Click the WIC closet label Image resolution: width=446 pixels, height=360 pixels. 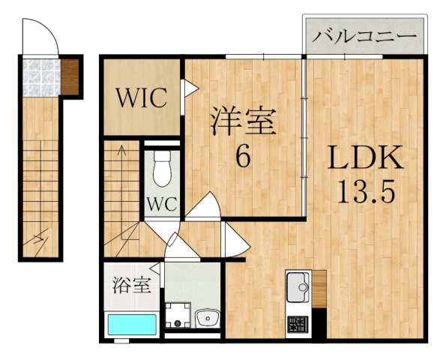140,98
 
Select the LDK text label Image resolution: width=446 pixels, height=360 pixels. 366,159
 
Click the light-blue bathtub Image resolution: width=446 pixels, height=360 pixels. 131,325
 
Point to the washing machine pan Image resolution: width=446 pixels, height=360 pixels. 178,315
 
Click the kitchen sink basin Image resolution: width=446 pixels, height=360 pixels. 297,287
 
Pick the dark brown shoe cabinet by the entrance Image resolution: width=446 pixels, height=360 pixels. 70,76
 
